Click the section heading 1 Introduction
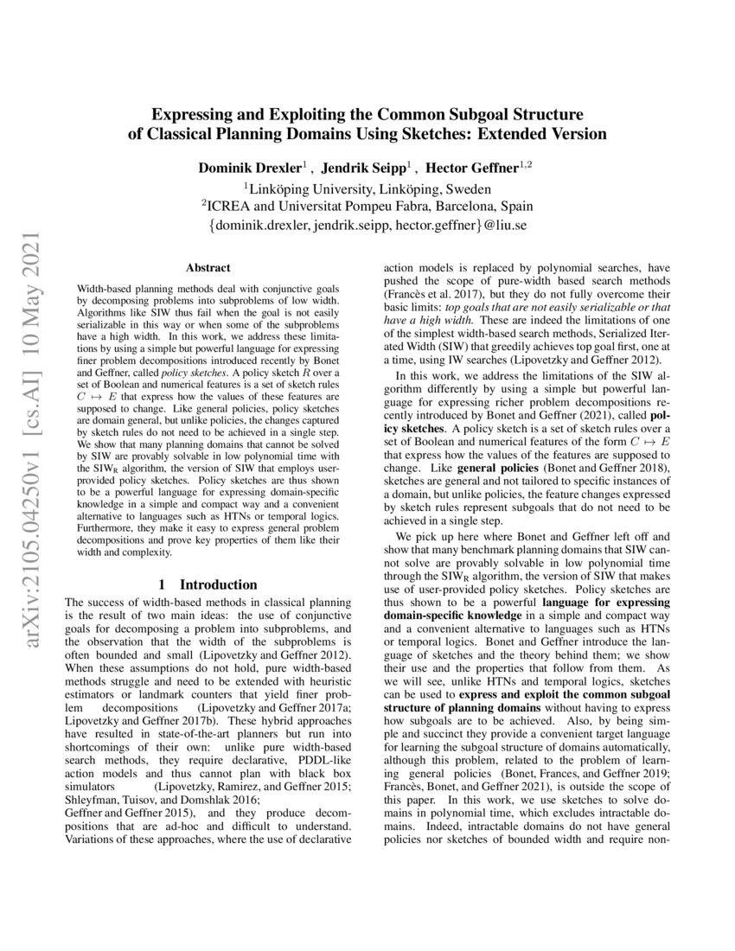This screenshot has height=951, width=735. click(x=208, y=584)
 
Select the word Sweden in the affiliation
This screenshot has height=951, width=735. click(x=470, y=188)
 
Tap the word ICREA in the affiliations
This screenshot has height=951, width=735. click(x=229, y=207)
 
